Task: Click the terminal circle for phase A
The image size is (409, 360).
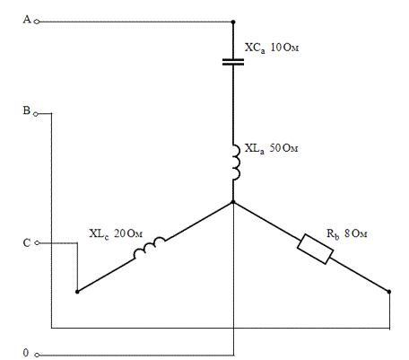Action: pyautogui.click(x=37, y=22)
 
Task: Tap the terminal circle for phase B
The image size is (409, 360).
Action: pyautogui.click(x=36, y=114)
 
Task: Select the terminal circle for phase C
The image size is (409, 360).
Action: pyautogui.click(x=37, y=243)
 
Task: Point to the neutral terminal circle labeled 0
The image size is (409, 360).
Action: pyautogui.click(x=37, y=356)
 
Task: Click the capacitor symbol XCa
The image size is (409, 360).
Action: pyautogui.click(x=233, y=62)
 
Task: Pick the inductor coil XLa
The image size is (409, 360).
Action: pyautogui.click(x=237, y=162)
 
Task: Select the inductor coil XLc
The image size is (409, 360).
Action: pyautogui.click(x=149, y=248)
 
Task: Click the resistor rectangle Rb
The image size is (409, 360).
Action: pyautogui.click(x=315, y=249)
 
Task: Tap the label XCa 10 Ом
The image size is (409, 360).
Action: pyautogui.click(x=272, y=48)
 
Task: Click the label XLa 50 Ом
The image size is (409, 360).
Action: pyautogui.click(x=271, y=148)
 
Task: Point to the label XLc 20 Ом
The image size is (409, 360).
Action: pyautogui.click(x=116, y=233)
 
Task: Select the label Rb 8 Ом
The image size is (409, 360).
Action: pyautogui.click(x=346, y=233)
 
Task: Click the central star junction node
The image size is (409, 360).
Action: pyautogui.click(x=233, y=202)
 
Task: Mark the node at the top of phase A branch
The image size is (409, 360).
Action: pyautogui.click(x=233, y=22)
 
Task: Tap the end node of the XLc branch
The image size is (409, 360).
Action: pyautogui.click(x=77, y=292)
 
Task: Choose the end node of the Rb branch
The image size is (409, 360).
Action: pyautogui.click(x=389, y=292)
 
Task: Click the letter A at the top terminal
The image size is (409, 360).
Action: pyautogui.click(x=27, y=20)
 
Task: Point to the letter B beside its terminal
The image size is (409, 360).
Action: pyautogui.click(x=27, y=110)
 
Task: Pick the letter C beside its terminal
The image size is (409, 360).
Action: pyautogui.click(x=27, y=242)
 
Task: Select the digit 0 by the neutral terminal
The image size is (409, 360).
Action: pyautogui.click(x=26, y=353)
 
